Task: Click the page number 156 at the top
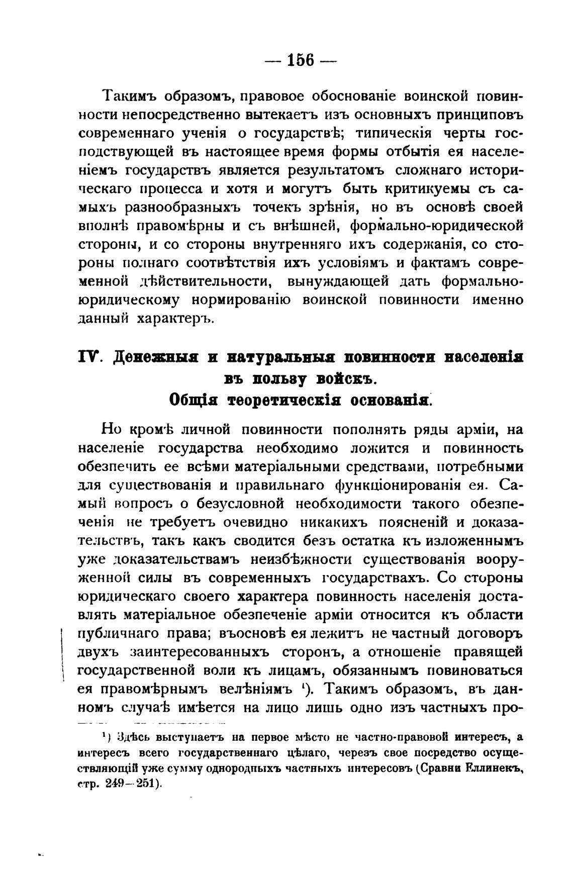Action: (301, 61)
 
